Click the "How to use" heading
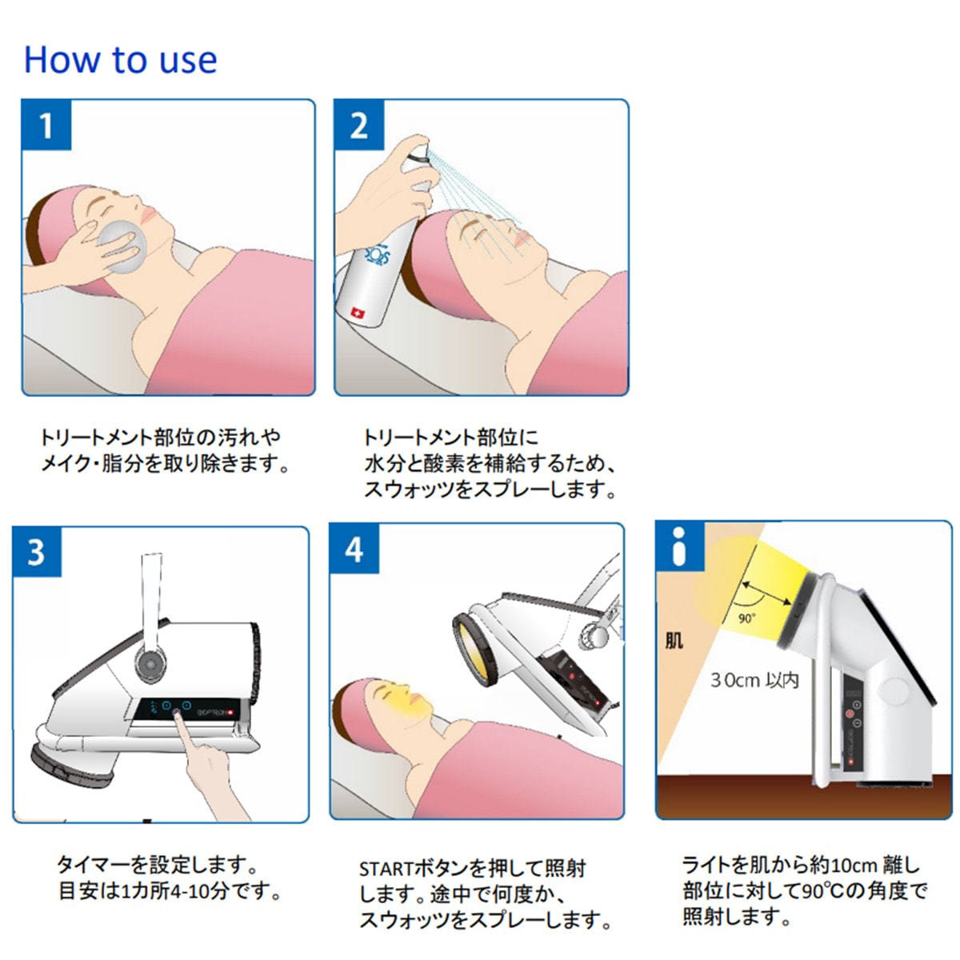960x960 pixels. (121, 60)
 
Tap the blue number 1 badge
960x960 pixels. (46, 125)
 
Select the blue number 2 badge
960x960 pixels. (358, 125)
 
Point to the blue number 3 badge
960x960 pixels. (38, 552)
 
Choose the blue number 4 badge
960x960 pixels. (354, 550)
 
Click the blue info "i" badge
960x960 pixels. (679, 546)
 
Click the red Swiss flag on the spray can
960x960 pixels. (357, 314)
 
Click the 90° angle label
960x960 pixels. (746, 618)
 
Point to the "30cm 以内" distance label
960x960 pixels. (754, 680)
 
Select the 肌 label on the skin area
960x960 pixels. (674, 640)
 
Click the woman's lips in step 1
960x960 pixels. (147, 214)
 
